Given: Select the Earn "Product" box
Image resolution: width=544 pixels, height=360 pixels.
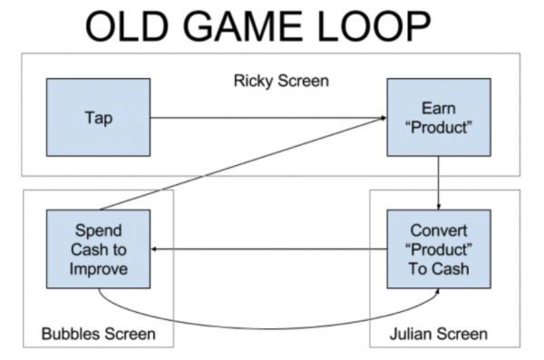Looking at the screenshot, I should (x=439, y=117).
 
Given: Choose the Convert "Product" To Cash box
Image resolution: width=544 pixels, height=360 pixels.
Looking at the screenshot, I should (x=439, y=249).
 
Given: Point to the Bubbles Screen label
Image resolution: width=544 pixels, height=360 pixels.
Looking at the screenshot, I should (x=99, y=335).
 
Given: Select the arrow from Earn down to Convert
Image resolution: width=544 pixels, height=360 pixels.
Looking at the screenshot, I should (x=439, y=183).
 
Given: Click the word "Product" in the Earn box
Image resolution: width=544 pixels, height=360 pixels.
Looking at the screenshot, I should (x=439, y=126).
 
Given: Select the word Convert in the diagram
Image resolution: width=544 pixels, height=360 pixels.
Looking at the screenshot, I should (x=439, y=231).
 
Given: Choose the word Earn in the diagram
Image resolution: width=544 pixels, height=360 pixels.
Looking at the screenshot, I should (x=439, y=108).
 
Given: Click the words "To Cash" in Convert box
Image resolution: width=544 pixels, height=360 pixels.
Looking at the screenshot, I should (x=439, y=268).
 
